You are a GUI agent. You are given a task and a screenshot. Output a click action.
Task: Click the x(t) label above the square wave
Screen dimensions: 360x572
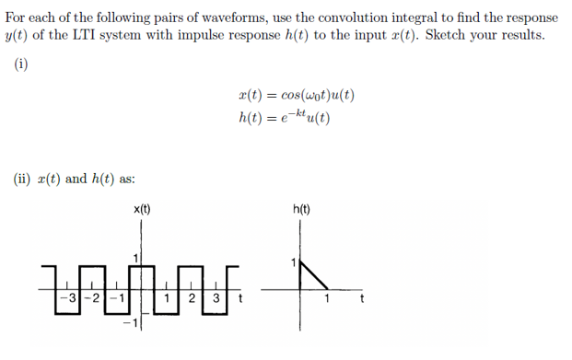(x=141, y=209)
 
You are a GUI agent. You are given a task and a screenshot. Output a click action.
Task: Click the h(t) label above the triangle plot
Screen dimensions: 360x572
(x=301, y=209)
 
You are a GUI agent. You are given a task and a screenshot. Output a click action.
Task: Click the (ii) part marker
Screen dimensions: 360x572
(x=23, y=179)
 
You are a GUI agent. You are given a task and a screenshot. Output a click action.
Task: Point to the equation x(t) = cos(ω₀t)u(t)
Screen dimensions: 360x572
(x=296, y=95)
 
